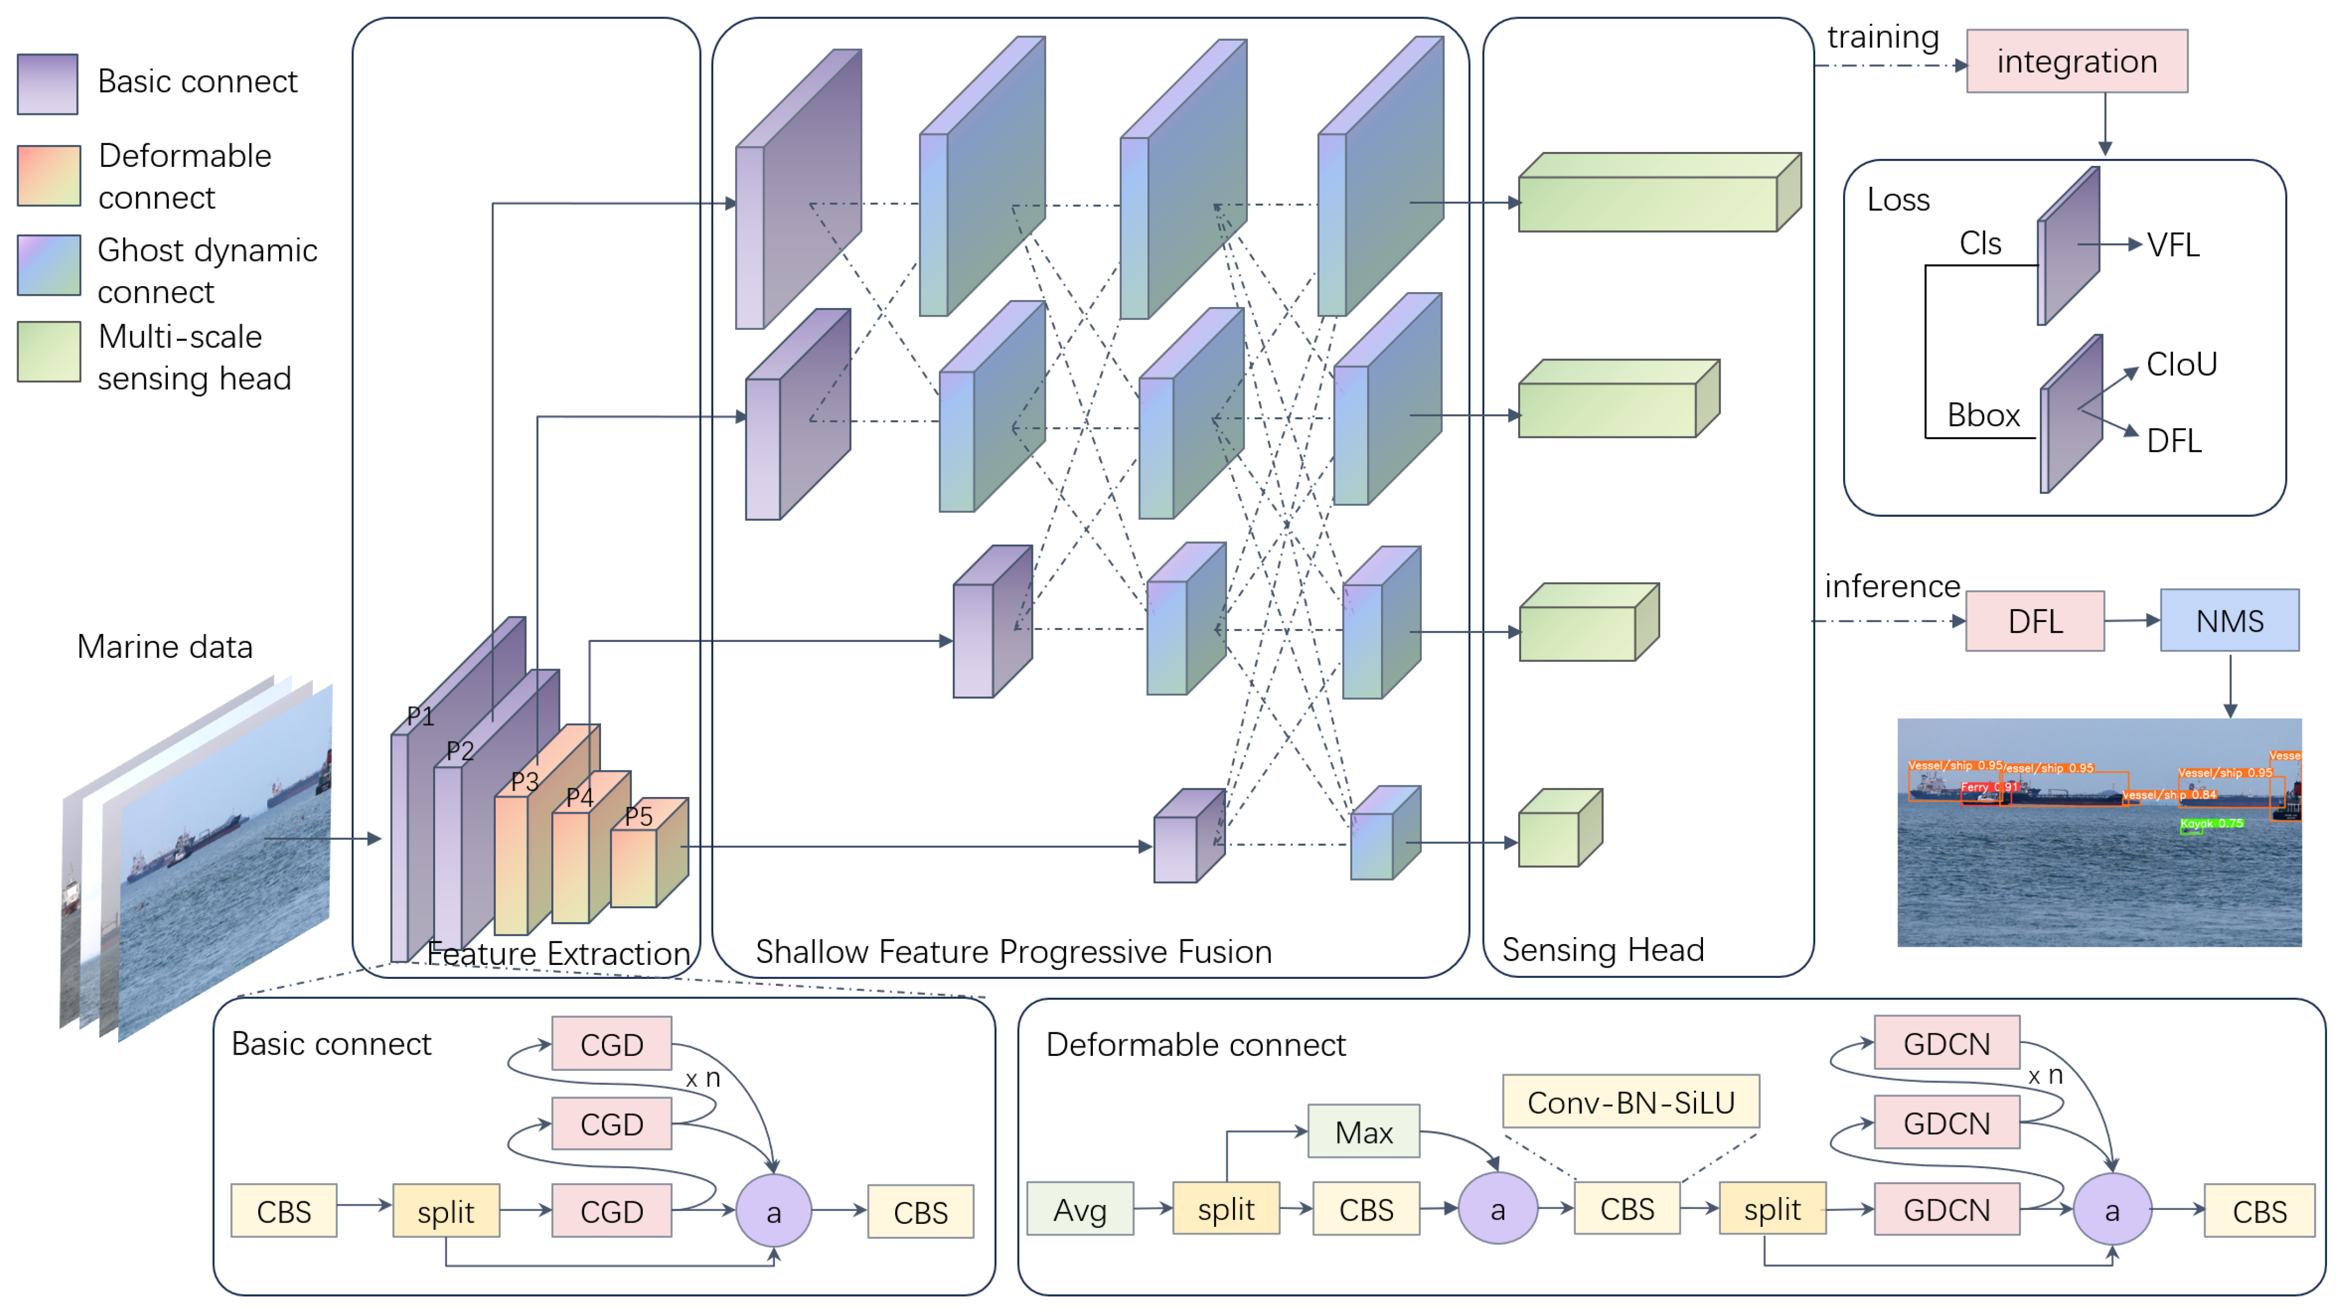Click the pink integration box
click(x=2077, y=61)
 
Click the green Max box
click(x=1363, y=1132)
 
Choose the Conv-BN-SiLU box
click(x=1630, y=1102)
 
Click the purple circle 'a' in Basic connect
click(x=773, y=1211)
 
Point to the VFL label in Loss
click(x=2173, y=245)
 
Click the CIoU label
click(x=2181, y=364)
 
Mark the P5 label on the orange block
click(x=638, y=816)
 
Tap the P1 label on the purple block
click(x=420, y=716)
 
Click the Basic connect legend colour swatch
click(x=47, y=83)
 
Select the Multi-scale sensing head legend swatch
click(x=48, y=351)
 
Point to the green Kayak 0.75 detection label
click(x=2211, y=823)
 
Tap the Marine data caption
click(x=165, y=647)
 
